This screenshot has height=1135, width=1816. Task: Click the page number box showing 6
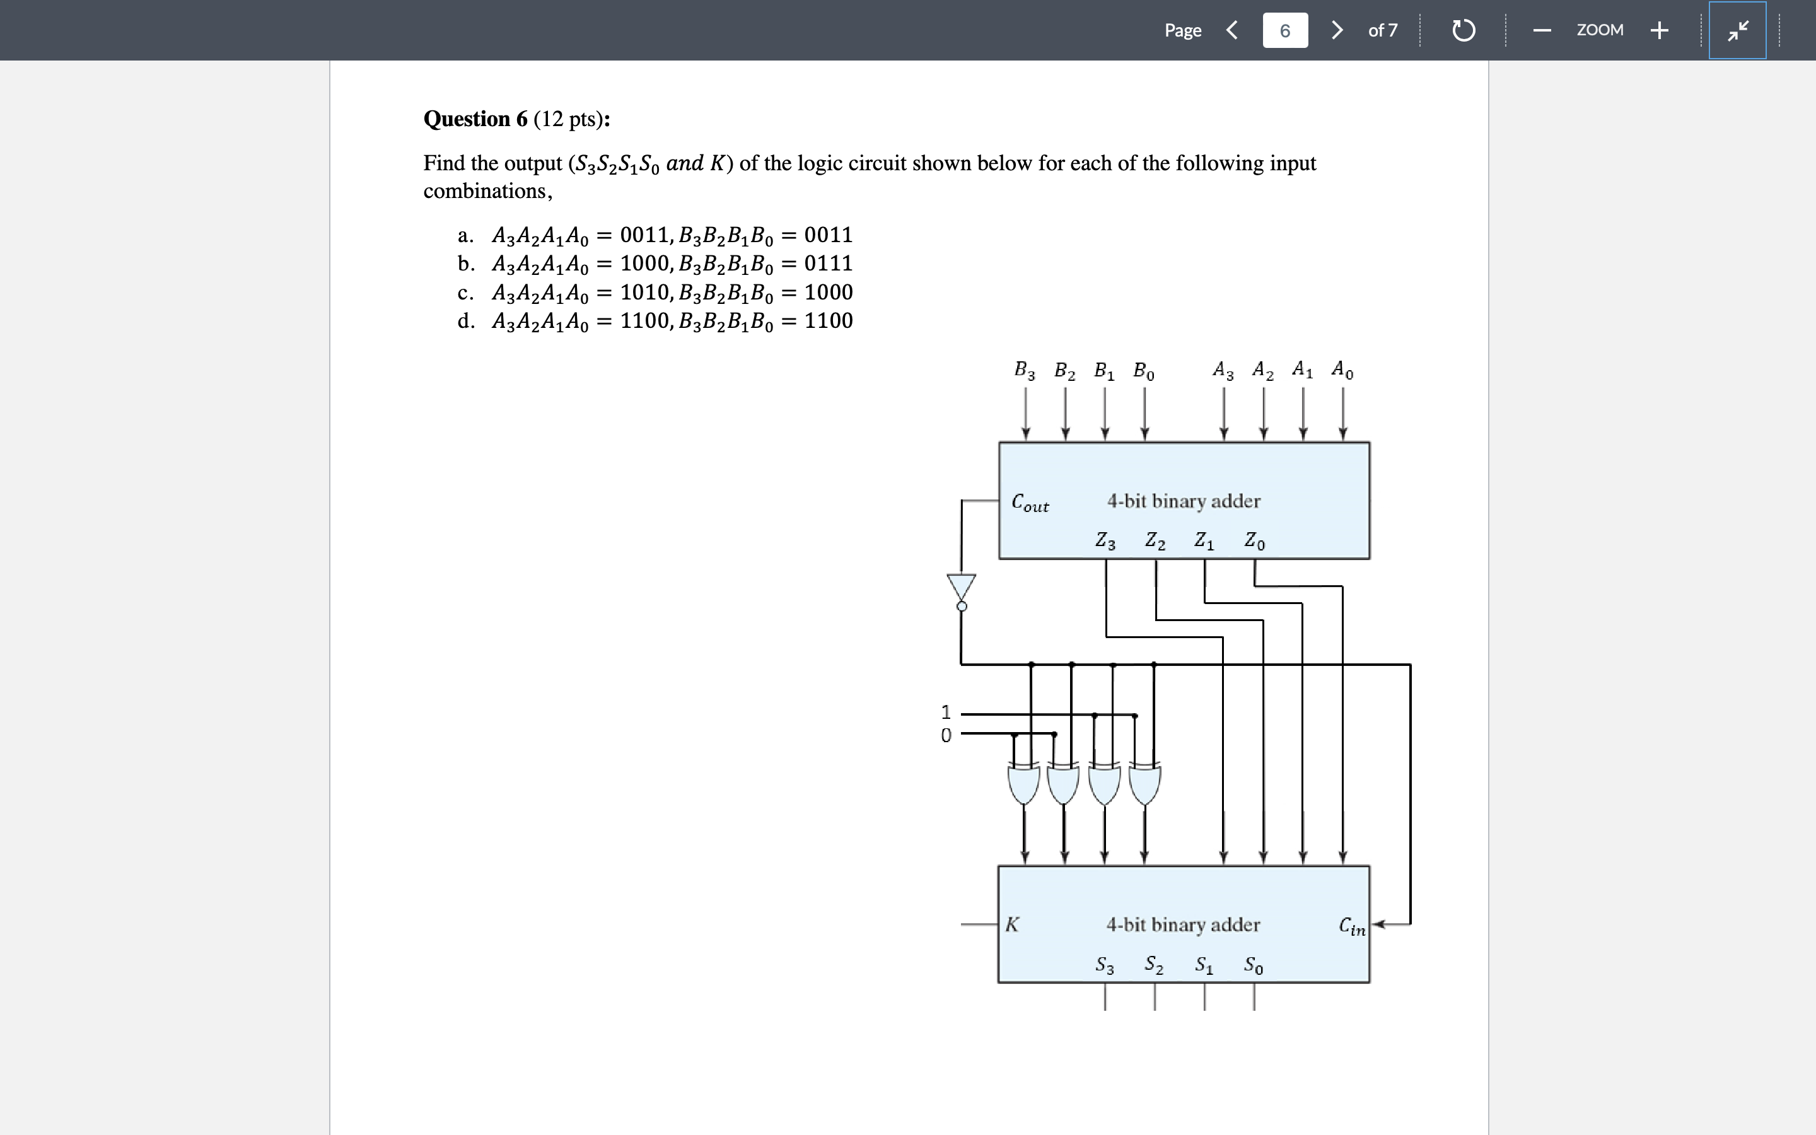(1284, 31)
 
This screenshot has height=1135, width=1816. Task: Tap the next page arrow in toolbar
(1337, 30)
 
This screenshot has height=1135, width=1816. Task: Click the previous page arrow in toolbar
(1231, 30)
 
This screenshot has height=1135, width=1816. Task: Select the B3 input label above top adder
(1024, 370)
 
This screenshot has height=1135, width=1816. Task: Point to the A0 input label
(1342, 370)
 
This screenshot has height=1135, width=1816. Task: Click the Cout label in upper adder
(1030, 502)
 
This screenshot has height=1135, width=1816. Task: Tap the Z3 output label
(1105, 540)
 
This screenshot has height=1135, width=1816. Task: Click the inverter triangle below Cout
(961, 586)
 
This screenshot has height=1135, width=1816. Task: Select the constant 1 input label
(946, 712)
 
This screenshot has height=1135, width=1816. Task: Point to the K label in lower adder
(1011, 924)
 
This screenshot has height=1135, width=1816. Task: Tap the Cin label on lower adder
(1353, 926)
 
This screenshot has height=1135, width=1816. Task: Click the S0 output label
(1253, 965)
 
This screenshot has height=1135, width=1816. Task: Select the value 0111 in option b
(829, 264)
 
